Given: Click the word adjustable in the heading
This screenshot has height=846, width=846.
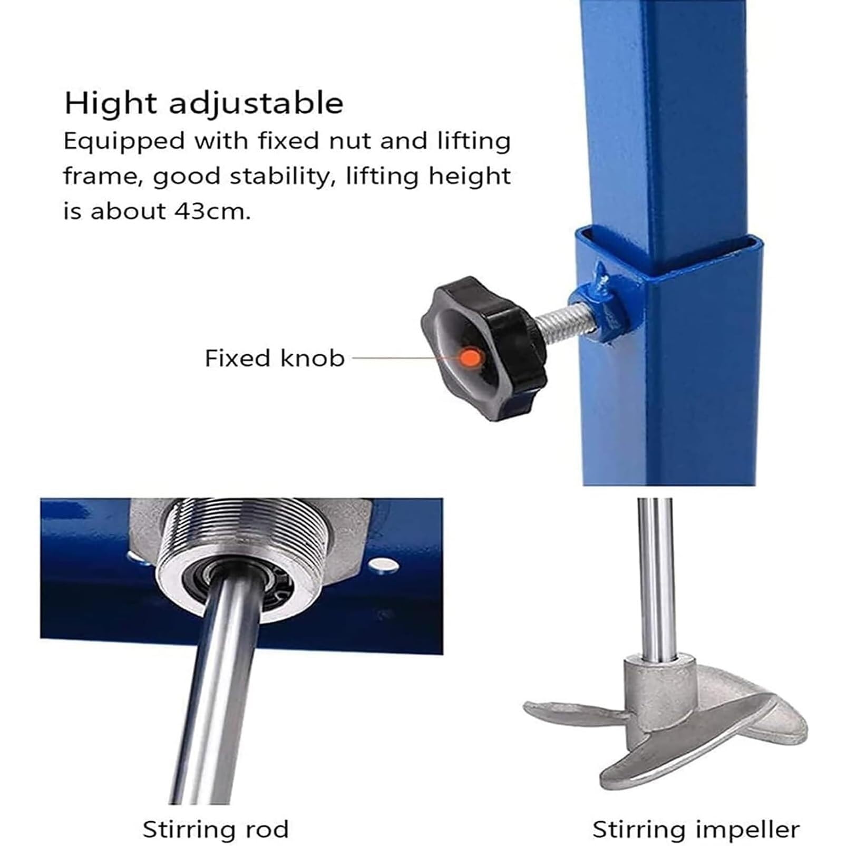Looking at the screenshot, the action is [256, 104].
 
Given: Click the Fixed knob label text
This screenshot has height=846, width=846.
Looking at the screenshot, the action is [275, 358].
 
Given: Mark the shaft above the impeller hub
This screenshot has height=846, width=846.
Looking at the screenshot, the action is [655, 577].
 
